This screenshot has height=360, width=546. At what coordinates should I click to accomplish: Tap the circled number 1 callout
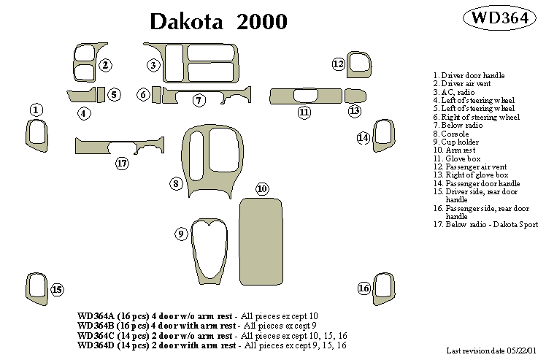[x=36, y=110]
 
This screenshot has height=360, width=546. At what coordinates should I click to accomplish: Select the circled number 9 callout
[x=181, y=234]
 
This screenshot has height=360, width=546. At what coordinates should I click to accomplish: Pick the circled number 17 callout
[x=122, y=163]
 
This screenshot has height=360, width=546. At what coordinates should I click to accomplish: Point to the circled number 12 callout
[x=339, y=64]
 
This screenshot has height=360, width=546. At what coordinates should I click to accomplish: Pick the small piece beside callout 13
[x=355, y=96]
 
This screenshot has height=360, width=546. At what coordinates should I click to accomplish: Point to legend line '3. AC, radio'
[x=455, y=93]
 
